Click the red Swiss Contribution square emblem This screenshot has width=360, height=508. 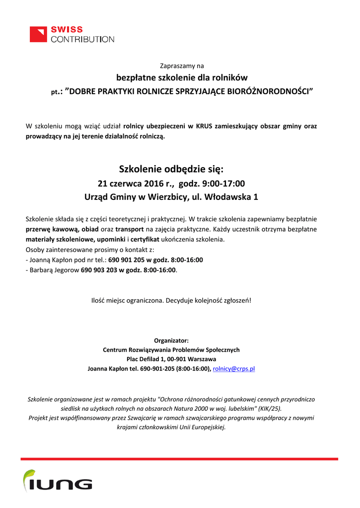38,34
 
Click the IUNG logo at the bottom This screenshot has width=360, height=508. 58,482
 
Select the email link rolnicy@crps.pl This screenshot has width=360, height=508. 233,369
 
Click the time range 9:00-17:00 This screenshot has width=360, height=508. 223,183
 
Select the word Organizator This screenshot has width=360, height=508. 171,340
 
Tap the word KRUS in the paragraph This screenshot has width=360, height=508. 204,126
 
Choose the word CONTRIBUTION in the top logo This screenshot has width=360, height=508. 82,39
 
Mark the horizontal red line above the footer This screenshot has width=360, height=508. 179,459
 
